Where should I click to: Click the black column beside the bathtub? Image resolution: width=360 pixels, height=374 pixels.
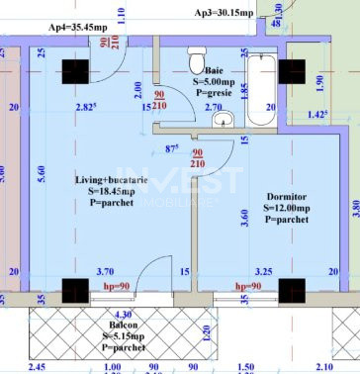tap(294, 72)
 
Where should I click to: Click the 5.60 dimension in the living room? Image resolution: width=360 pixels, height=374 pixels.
tap(40, 170)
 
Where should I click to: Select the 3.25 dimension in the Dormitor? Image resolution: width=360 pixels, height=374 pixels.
tap(265, 269)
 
